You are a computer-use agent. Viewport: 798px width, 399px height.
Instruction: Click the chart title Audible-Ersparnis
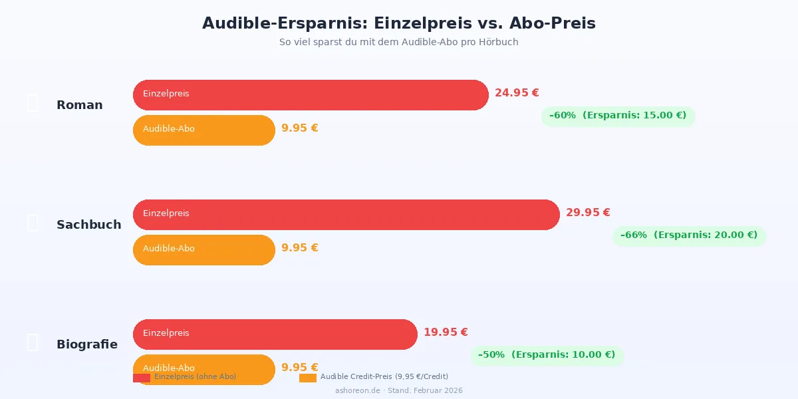tap(398, 23)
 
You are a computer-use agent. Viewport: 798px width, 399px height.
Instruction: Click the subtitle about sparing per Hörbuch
tap(398, 42)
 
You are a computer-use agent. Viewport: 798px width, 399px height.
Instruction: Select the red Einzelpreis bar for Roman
tap(311, 94)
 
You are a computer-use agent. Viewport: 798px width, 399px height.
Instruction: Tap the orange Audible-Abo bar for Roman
tap(203, 130)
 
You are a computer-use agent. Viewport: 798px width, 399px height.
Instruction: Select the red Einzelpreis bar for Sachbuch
tap(346, 214)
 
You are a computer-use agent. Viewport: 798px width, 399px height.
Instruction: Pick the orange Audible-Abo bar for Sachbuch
tap(203, 249)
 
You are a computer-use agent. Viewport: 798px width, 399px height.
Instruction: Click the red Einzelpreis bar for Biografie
tap(275, 334)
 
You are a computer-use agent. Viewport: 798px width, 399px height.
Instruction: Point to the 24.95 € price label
tap(517, 93)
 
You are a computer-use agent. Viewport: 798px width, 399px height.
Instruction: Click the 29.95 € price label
tap(588, 213)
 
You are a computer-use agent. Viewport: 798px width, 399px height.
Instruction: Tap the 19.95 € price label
tap(446, 332)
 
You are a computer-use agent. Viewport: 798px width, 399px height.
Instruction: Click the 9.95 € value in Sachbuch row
tap(300, 248)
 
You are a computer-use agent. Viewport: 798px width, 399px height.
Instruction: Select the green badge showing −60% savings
tap(618, 116)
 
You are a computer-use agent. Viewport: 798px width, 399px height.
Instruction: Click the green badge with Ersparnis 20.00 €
tap(689, 235)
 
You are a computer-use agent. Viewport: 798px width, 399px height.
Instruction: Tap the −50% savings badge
tap(547, 355)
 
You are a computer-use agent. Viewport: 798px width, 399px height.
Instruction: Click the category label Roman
tap(80, 105)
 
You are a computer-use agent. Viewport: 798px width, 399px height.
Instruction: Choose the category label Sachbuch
tap(89, 225)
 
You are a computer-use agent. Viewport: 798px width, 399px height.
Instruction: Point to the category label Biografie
tap(87, 344)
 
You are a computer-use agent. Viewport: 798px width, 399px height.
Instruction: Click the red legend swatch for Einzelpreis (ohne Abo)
tap(141, 378)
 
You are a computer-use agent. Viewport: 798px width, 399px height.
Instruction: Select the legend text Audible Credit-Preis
tap(384, 377)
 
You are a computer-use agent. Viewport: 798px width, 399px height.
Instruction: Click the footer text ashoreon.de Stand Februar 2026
tap(398, 391)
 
